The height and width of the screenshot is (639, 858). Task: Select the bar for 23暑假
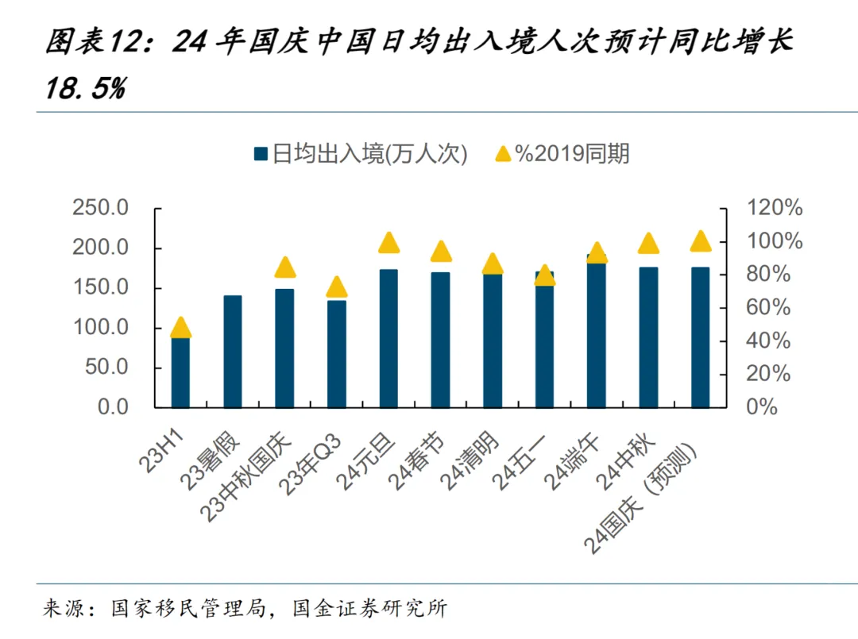(233, 351)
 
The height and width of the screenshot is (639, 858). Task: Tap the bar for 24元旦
(388, 338)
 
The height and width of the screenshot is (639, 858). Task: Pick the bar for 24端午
(597, 333)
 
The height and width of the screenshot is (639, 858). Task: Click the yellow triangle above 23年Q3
(337, 287)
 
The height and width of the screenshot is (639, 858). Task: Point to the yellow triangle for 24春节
(441, 252)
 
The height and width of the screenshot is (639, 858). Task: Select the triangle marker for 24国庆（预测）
(700, 241)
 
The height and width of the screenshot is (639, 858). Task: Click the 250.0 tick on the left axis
(100, 209)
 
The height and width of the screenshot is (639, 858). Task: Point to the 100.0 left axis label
(100, 328)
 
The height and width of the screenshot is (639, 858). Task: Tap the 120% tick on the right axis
(774, 209)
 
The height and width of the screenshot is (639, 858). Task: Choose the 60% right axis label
(769, 307)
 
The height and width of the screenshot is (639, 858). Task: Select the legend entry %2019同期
(562, 153)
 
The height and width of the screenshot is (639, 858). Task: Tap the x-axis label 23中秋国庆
(249, 476)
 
